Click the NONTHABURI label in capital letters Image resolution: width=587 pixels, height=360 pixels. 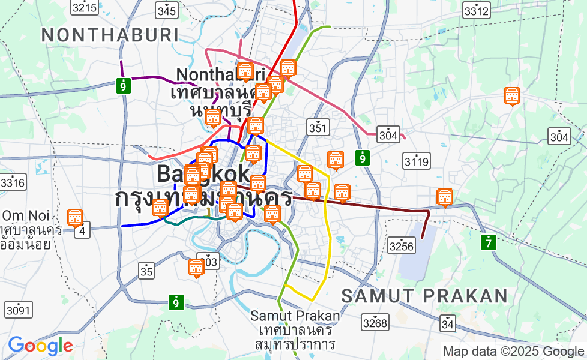pos(110,35)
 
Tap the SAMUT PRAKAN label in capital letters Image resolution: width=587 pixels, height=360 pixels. pos(424,296)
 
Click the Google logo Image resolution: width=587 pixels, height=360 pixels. pos(40,346)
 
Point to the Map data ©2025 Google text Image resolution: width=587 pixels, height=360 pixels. pos(513,351)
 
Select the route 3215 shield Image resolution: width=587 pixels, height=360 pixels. pos(84,8)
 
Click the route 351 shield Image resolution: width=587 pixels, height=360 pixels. pos(318,127)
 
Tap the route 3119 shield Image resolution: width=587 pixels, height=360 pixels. pos(416,161)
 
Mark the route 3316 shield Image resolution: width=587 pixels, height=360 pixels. pos(13,182)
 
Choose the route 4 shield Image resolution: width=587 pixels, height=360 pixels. pos(82,230)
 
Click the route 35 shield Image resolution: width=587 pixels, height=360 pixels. pos(146,271)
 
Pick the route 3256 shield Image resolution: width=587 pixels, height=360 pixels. pos(401,245)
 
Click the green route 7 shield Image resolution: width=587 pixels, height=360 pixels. pos(489,243)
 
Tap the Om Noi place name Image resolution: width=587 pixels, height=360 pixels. pos(23,216)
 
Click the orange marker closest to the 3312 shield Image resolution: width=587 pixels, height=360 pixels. pos(511,95)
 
